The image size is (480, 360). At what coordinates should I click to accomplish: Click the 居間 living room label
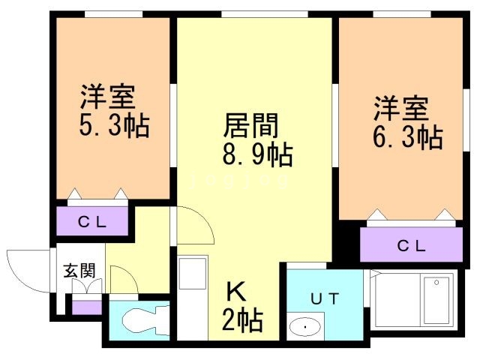coord(250,126)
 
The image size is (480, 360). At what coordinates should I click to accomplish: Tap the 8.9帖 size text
coord(257,154)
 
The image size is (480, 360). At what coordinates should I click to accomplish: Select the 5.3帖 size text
coord(114,125)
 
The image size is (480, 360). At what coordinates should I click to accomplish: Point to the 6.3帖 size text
coord(408,137)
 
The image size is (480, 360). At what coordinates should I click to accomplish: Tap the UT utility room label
coord(325,298)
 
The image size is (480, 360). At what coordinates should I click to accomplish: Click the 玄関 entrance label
coord(79,271)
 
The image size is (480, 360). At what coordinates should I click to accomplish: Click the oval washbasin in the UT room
coord(305,327)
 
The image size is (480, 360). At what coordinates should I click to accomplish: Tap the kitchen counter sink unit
coord(193,298)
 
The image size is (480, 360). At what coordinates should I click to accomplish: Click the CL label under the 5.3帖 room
coord(92,222)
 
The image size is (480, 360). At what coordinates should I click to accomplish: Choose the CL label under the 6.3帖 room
coord(412,245)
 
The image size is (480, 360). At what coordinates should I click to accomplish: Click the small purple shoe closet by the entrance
coord(87,307)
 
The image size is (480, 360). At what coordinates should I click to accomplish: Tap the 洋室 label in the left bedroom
coord(107,97)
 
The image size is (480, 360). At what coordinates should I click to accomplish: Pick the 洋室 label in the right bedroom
coord(400,109)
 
